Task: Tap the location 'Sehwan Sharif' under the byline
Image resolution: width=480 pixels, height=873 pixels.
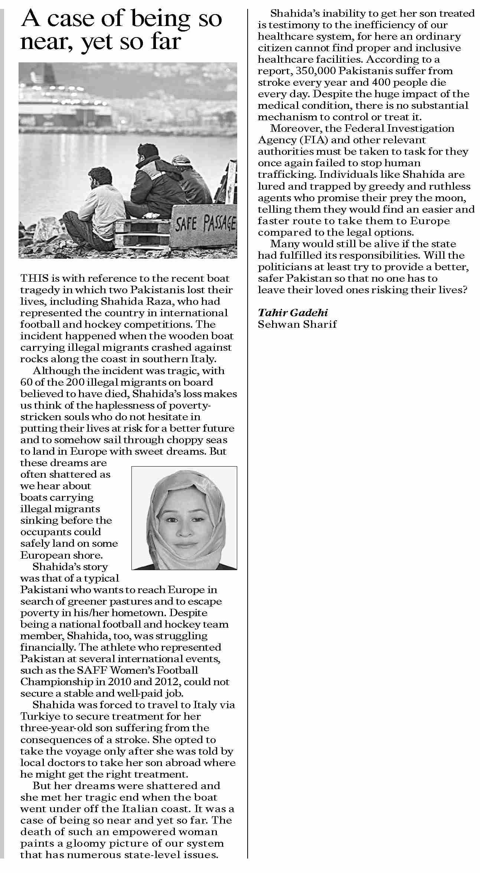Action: (297, 324)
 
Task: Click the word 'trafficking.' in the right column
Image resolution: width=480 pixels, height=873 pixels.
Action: (287, 174)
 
